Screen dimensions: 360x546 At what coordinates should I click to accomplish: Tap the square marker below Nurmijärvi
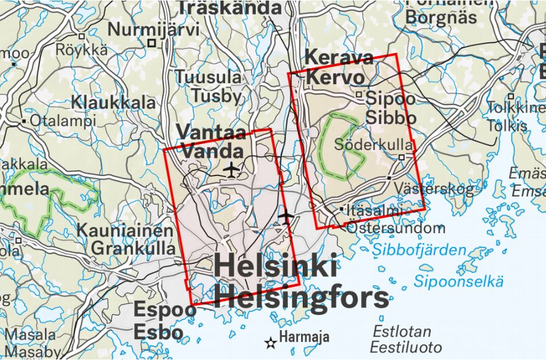tap(152, 43)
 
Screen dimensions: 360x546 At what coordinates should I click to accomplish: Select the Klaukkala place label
tap(114, 103)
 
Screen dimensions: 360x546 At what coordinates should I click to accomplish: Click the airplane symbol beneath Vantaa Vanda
tap(231, 169)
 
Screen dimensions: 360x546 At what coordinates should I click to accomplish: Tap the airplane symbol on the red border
tap(286, 215)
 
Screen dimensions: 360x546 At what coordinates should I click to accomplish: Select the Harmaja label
tap(304, 336)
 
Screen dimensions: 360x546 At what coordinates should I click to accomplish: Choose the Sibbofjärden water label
tap(419, 250)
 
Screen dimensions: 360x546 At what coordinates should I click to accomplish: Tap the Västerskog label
tap(441, 188)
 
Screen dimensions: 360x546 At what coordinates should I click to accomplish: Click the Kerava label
tap(339, 58)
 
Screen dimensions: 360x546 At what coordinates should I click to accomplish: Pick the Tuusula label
tap(208, 77)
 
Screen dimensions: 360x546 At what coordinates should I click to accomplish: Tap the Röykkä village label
tap(82, 50)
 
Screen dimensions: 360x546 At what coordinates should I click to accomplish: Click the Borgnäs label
tap(441, 17)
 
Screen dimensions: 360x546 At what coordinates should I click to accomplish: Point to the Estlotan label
tap(402, 331)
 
